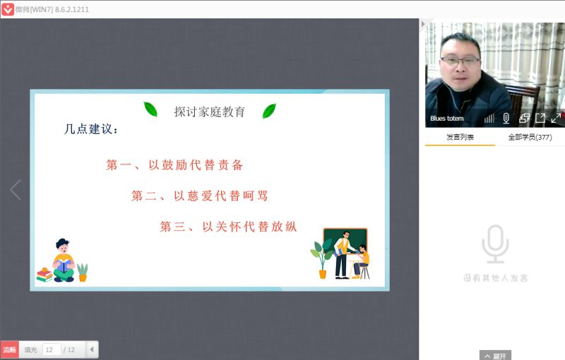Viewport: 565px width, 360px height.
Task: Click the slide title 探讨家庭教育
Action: (209, 112)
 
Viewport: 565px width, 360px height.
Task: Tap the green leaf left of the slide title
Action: (150, 109)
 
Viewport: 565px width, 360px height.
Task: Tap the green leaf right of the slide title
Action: (269, 111)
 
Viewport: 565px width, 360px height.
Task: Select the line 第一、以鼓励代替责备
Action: (174, 165)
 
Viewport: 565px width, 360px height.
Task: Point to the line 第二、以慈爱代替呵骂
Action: (200, 196)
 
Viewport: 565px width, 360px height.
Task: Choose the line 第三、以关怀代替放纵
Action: (228, 227)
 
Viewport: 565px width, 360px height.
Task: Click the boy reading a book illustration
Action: (64, 260)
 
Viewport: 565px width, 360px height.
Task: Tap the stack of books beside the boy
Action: (44, 275)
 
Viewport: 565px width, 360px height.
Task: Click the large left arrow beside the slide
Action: (16, 189)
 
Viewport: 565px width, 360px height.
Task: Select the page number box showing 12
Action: (51, 349)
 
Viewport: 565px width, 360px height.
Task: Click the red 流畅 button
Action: (9, 349)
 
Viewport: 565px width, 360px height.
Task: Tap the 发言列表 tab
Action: (460, 137)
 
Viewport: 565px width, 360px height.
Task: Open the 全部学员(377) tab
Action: (530, 137)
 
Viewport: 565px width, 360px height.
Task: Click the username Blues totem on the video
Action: (447, 118)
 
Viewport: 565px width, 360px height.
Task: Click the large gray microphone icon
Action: (496, 244)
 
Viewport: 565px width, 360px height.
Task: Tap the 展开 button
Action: (496, 356)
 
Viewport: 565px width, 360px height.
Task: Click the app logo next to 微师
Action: (8, 9)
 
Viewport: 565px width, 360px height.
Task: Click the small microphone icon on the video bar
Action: (506, 118)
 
